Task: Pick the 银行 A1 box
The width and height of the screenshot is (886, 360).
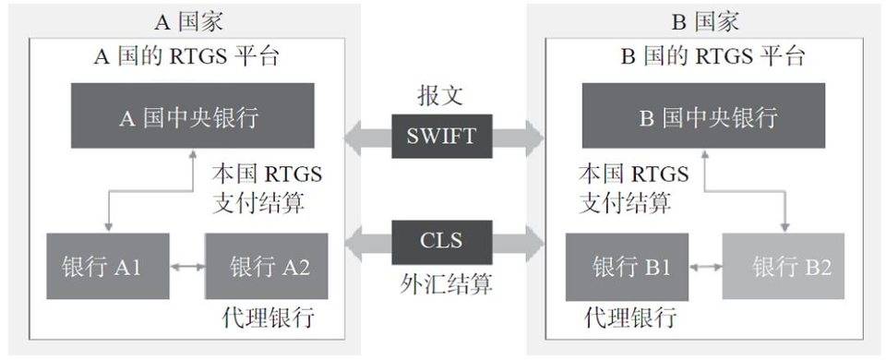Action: coord(108,267)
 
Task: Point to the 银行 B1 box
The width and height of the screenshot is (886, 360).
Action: coord(626,268)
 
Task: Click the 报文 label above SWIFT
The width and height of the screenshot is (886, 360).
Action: coord(440,96)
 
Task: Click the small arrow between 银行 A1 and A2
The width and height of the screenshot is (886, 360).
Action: coord(188,267)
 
